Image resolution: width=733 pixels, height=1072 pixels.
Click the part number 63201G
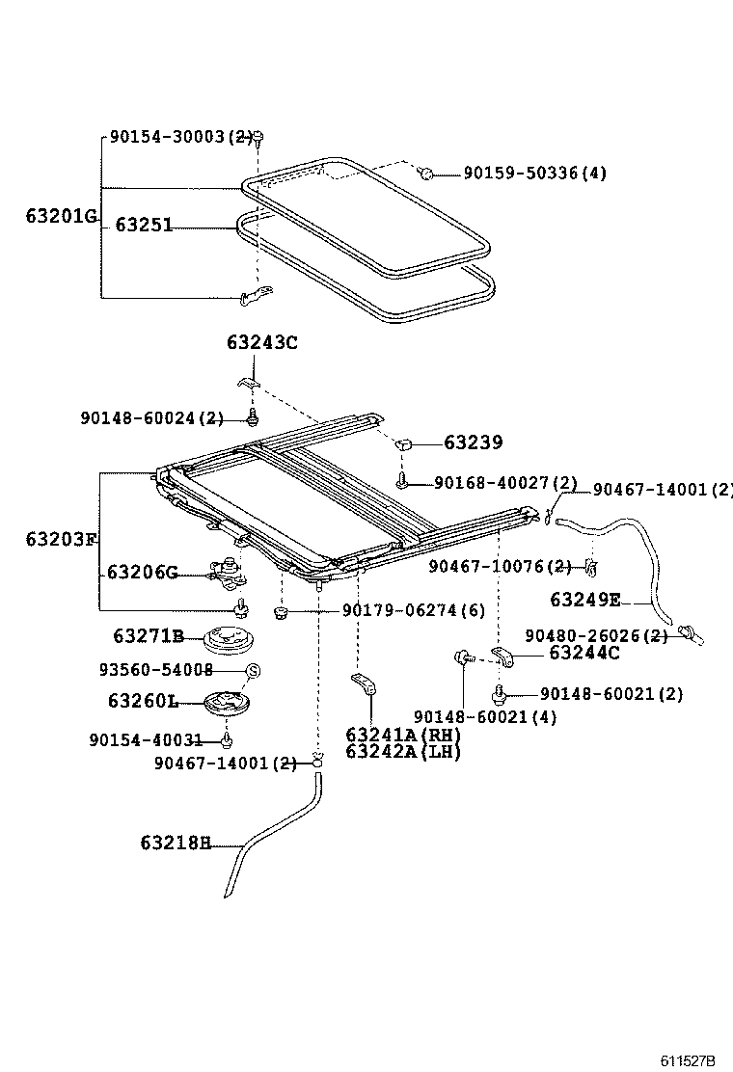61,216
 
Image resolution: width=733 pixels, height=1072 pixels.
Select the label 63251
144,225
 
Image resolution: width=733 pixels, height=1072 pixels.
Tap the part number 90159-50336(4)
535,174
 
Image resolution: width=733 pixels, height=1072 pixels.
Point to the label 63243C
262,342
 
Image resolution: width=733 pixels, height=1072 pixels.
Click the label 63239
473,443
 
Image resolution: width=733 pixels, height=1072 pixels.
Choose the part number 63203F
61,539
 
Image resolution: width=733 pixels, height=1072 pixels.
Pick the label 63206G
142,573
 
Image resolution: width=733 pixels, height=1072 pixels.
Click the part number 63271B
148,636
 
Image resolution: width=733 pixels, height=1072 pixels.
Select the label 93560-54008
155,669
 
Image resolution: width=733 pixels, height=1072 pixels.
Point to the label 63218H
175,843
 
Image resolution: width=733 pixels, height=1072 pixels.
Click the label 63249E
585,600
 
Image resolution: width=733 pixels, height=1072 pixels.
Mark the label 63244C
584,654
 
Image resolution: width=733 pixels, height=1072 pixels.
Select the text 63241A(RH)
403,735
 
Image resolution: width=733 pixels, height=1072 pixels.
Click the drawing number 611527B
688,1060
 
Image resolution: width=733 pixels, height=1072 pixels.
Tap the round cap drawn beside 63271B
229,639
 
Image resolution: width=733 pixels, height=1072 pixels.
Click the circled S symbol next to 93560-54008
253,670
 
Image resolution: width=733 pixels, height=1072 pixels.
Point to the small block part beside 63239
405,444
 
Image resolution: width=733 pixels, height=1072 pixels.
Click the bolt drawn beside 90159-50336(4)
425,173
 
